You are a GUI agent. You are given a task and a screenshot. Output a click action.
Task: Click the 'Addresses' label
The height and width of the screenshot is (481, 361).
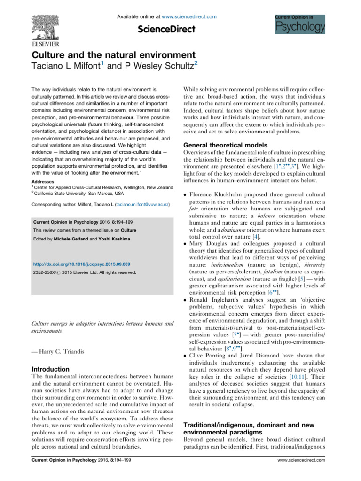pyautogui.click(x=43, y=180)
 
